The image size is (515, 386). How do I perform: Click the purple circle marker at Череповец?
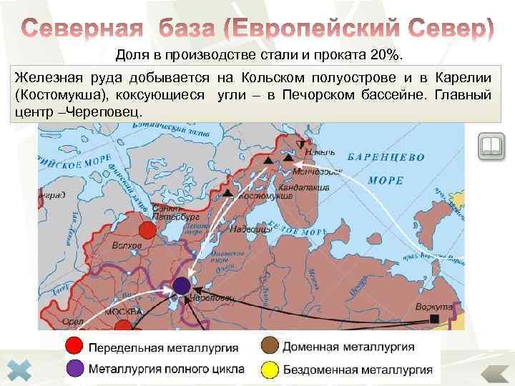click(x=181, y=286)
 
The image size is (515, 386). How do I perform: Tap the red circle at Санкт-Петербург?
click(x=147, y=229)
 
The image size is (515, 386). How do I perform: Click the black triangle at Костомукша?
click(x=227, y=193)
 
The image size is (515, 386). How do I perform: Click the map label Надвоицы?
click(x=255, y=229)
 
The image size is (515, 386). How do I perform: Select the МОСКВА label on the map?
click(x=124, y=312)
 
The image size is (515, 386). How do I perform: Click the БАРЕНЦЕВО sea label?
click(x=386, y=157)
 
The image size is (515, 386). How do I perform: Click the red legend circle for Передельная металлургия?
click(x=74, y=347)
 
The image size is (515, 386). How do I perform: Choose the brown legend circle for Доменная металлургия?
click(x=270, y=347)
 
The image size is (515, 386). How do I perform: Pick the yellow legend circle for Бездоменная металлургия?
click(x=270, y=370)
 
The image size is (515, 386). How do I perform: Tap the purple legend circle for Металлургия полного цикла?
click(x=74, y=370)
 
